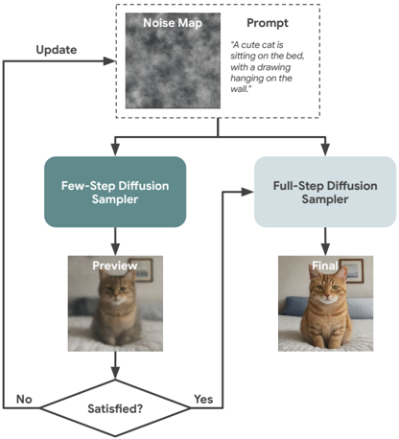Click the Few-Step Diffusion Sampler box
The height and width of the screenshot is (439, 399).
point(115,192)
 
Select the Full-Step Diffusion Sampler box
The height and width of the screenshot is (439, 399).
point(325,192)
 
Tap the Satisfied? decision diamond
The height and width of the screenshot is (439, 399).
point(115,408)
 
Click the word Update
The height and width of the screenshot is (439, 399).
point(57,50)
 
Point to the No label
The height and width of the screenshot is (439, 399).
point(24,399)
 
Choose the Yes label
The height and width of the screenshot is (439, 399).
point(203,399)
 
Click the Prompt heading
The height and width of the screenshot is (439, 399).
point(268,23)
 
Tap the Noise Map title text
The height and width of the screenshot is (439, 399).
point(173,23)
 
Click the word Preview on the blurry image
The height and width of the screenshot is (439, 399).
point(115,266)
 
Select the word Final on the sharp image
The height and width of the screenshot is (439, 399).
point(325,266)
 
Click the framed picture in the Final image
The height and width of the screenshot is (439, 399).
point(351,270)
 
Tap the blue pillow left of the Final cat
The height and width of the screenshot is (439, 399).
point(294,306)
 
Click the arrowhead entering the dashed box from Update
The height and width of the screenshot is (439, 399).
point(109,61)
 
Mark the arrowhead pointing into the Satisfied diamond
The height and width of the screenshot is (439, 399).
point(115,373)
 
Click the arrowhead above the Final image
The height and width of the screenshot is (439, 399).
point(325,249)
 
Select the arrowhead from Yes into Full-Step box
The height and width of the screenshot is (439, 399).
point(247,192)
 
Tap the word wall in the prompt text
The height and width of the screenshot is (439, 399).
point(239,89)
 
